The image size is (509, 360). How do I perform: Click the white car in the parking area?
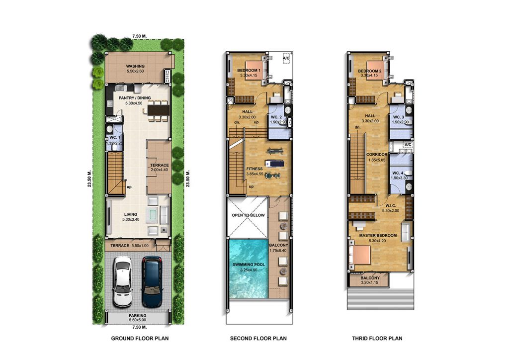(x=122, y=282)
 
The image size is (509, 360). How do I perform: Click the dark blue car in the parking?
(x=152, y=282)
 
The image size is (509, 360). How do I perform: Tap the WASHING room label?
(x=135, y=66)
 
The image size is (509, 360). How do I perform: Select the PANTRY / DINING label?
(x=135, y=98)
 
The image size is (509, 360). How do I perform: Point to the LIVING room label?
(x=131, y=214)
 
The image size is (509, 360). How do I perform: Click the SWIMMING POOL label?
(x=249, y=265)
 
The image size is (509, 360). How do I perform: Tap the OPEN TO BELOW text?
(x=249, y=215)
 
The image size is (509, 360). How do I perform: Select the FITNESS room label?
(x=254, y=169)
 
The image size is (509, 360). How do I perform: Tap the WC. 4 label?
(x=398, y=173)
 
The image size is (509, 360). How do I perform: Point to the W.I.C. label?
(x=391, y=205)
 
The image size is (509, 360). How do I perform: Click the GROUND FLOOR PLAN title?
(x=140, y=338)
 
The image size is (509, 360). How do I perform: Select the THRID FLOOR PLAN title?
(x=377, y=338)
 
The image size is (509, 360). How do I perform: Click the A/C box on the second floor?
(x=286, y=59)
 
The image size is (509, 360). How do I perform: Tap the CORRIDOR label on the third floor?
(x=377, y=155)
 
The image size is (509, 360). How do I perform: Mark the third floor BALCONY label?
(x=370, y=278)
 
